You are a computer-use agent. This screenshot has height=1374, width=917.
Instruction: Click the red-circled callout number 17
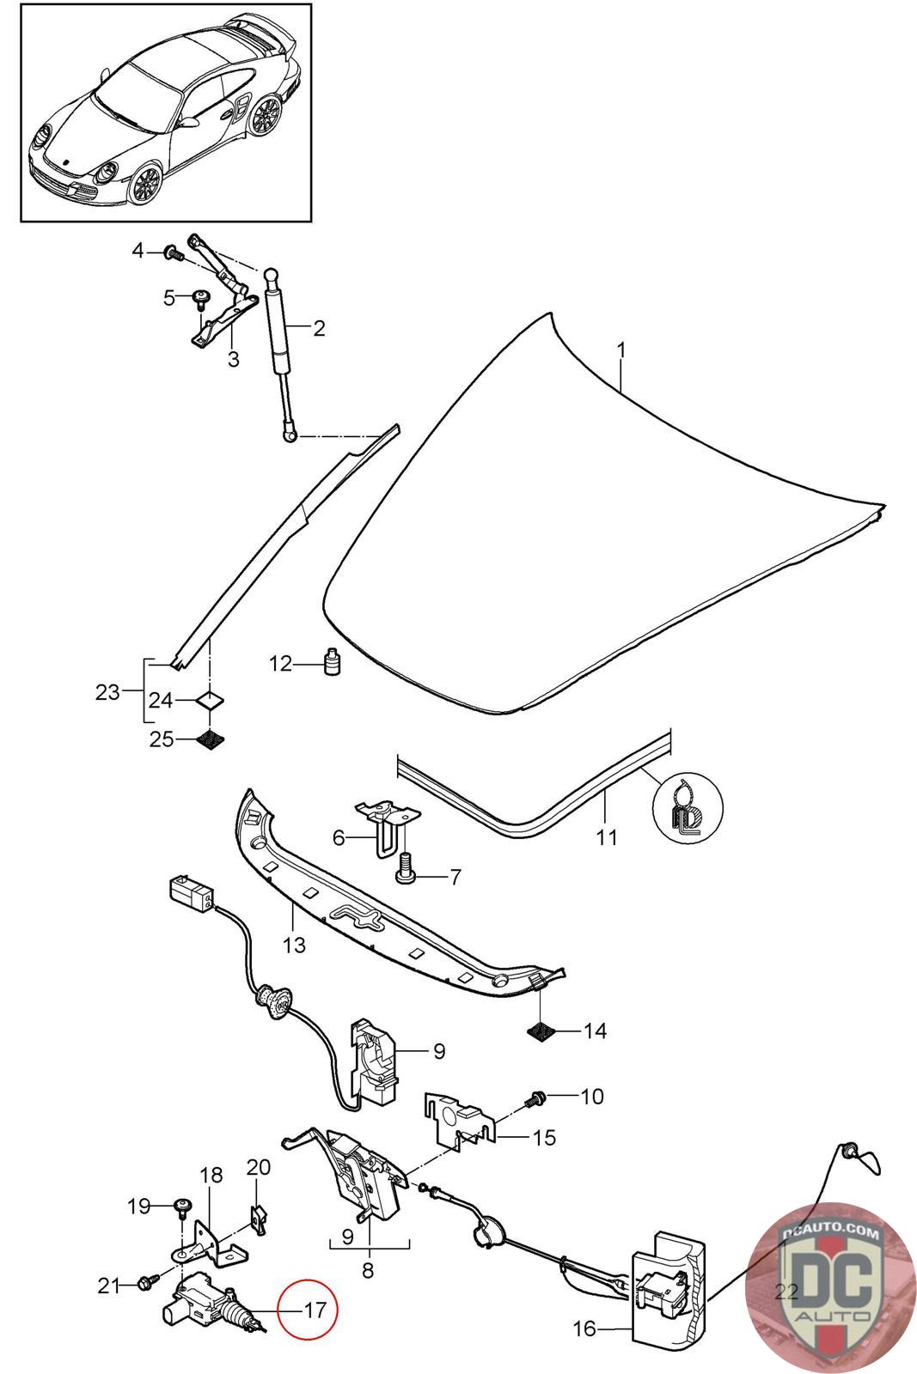pos(314,1310)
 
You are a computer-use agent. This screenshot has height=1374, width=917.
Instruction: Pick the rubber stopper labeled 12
pos(331,664)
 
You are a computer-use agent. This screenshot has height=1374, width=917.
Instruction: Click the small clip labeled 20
pos(258,1214)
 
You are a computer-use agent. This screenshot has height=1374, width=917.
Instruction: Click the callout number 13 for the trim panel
pos(294,945)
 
